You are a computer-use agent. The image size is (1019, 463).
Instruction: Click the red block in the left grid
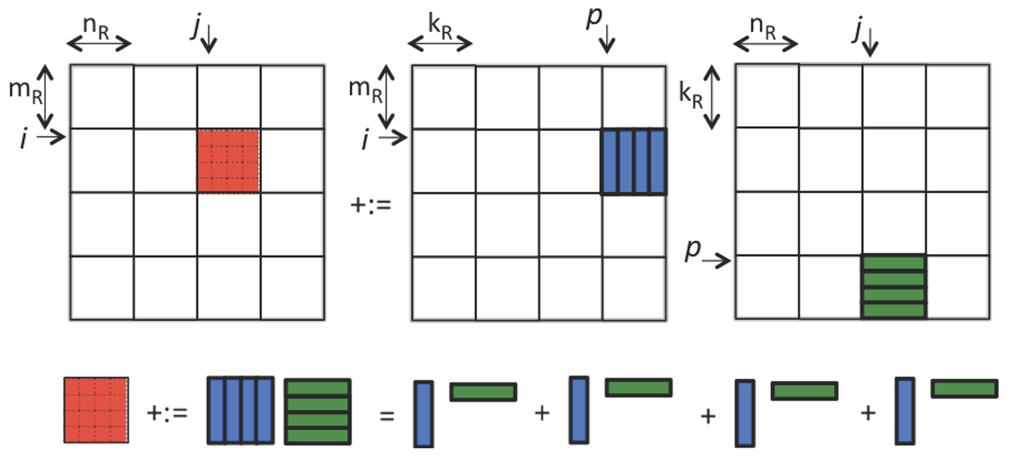pyautogui.click(x=228, y=161)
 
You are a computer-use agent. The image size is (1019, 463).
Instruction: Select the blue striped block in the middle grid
pyautogui.click(x=634, y=162)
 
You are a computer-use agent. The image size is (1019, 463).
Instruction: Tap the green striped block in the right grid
pyautogui.click(x=893, y=286)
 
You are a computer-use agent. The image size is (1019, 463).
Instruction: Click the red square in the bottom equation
pyautogui.click(x=96, y=410)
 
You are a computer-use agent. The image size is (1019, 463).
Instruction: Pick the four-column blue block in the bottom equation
pyautogui.click(x=241, y=410)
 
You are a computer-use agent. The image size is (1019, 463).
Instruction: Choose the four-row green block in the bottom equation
pyautogui.click(x=317, y=410)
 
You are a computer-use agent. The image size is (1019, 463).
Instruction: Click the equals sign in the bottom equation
pyautogui.click(x=388, y=414)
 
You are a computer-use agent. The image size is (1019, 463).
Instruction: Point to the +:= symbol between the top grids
pyautogui.click(x=372, y=203)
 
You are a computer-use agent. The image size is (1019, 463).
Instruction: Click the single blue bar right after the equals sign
pyautogui.click(x=423, y=413)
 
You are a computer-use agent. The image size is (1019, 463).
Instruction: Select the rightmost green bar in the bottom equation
pyautogui.click(x=964, y=388)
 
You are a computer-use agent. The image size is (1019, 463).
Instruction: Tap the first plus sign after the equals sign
pyautogui.click(x=542, y=414)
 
